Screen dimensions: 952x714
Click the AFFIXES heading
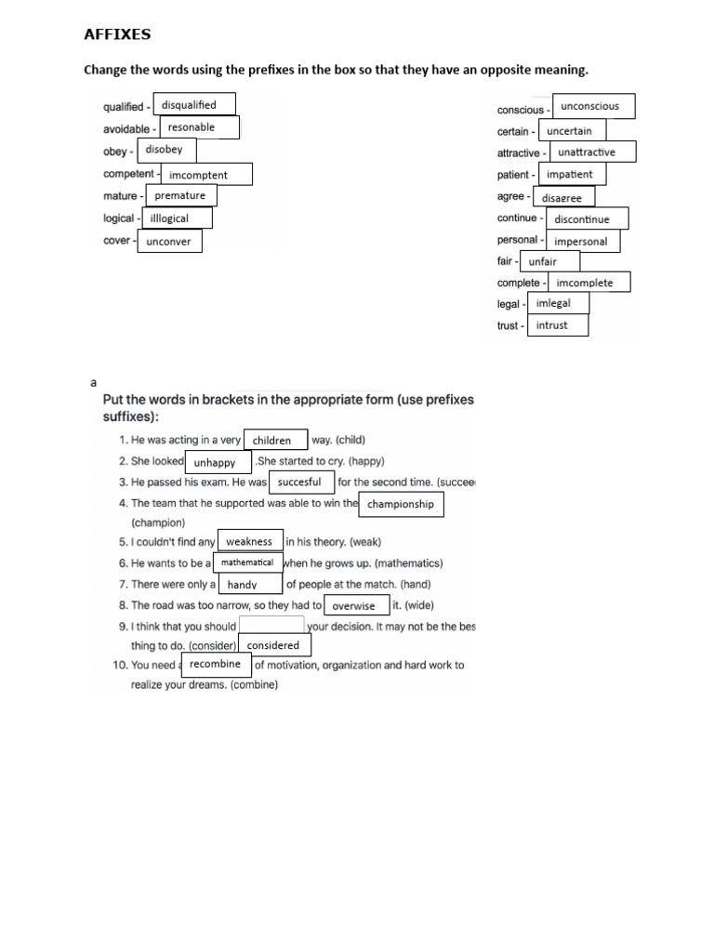point(117,35)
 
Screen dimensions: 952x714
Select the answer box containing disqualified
point(193,105)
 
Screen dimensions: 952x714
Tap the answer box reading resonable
point(199,127)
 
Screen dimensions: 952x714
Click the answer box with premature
point(180,195)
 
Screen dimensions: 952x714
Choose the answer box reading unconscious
point(593,106)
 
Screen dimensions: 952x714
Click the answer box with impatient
point(570,174)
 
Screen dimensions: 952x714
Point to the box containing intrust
point(559,325)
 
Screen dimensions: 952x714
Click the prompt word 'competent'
point(128,174)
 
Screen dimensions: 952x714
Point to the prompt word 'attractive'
point(518,152)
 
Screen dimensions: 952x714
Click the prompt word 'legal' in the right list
point(508,304)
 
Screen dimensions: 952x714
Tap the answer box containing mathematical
point(247,562)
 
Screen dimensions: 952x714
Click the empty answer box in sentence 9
point(271,626)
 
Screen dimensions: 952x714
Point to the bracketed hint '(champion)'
point(158,522)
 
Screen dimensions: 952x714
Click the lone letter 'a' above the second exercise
point(93,382)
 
